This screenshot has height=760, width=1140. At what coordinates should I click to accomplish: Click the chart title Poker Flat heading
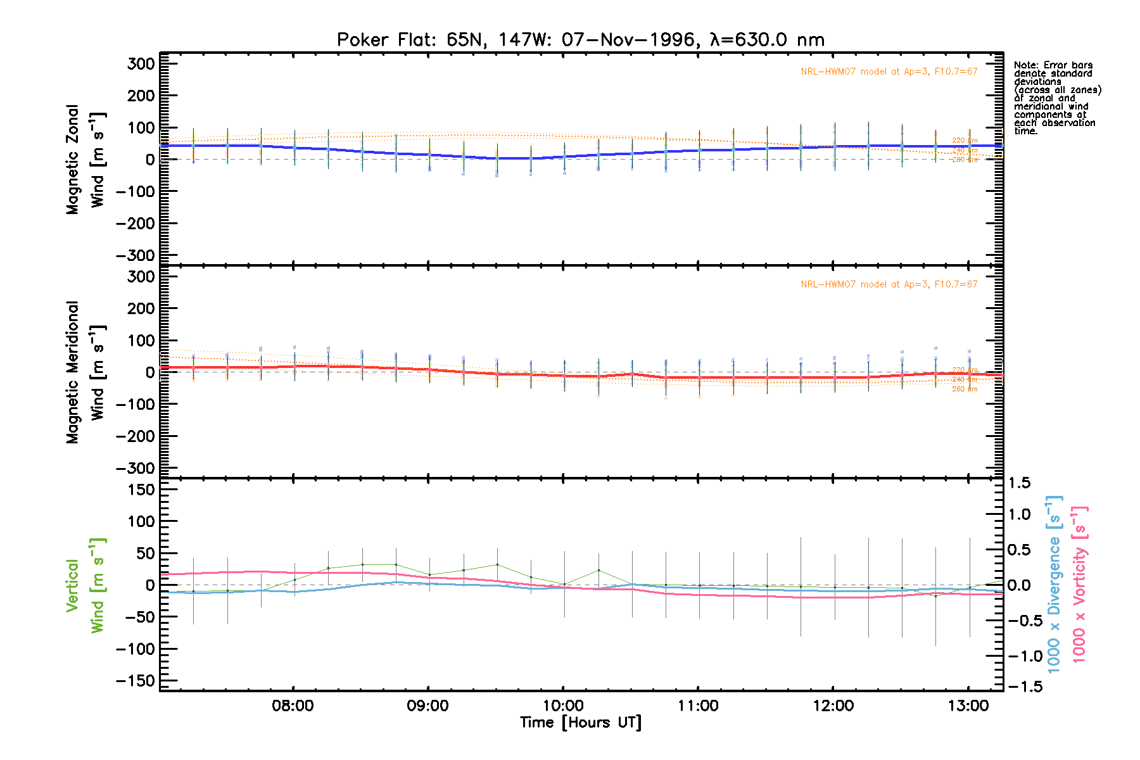click(x=580, y=40)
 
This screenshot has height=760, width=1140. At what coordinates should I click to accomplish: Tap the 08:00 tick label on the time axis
click(x=293, y=706)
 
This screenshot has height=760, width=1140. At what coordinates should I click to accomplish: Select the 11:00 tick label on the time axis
click(x=698, y=706)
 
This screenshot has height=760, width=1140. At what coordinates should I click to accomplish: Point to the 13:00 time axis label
click(x=968, y=706)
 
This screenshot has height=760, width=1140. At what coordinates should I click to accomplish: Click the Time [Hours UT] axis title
click(x=580, y=723)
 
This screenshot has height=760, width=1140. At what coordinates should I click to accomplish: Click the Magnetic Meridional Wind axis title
click(x=85, y=372)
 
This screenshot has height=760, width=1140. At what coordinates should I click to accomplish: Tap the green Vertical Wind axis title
click(x=85, y=585)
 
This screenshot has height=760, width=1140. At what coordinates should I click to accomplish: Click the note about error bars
click(x=1056, y=98)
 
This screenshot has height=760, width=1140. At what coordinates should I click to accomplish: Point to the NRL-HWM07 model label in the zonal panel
click(x=889, y=72)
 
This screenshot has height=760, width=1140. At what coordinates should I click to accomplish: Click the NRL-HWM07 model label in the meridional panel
click(x=889, y=284)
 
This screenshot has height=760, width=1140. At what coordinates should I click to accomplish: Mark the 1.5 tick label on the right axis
click(x=1019, y=483)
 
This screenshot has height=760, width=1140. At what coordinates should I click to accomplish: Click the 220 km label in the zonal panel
click(x=965, y=141)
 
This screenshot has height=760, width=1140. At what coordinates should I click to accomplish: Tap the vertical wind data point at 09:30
click(x=497, y=564)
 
